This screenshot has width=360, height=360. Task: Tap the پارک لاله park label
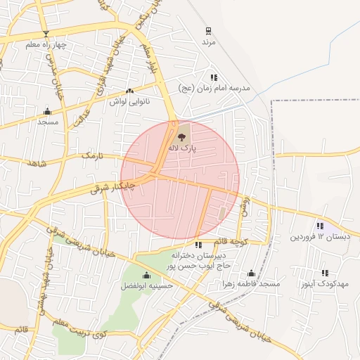click(184, 148)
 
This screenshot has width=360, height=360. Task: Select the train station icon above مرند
click(207, 31)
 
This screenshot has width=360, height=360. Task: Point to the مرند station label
click(207, 43)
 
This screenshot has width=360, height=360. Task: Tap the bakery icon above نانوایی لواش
click(129, 91)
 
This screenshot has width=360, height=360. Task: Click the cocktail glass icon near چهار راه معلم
click(46, 34)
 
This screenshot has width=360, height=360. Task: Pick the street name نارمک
click(92, 153)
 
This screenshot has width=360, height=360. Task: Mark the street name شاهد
click(35, 163)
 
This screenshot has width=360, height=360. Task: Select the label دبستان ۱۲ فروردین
click(319, 237)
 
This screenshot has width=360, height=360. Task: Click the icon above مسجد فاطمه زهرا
click(251, 274)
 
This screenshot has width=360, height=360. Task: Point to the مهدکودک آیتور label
click(325, 283)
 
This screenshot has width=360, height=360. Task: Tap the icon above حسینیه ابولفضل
click(146, 276)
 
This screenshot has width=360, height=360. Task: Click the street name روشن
click(244, 205)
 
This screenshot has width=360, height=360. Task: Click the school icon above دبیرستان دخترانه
click(198, 245)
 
